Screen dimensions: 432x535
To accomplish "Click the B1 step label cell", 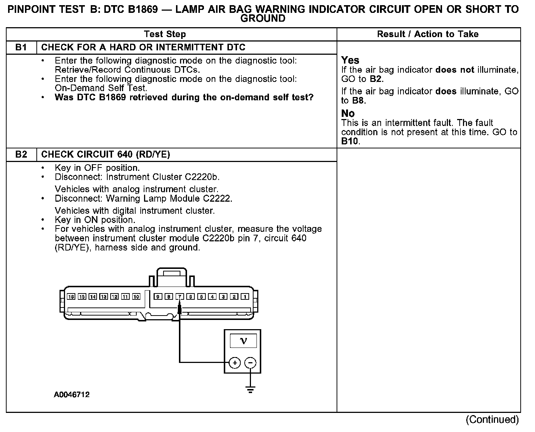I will pyautogui.click(x=21, y=47).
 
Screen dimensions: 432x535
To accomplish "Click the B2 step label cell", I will pyautogui.click(x=21, y=155).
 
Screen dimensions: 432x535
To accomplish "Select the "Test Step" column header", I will pyautogui.click(x=165, y=34).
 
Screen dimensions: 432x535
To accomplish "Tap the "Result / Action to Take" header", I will pyautogui.click(x=428, y=34).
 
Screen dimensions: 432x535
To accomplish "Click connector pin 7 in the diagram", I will pyautogui.click(x=180, y=296).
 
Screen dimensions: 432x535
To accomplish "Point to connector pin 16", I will pyautogui.click(x=71, y=296).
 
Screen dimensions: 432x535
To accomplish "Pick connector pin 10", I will pyautogui.click(x=136, y=296).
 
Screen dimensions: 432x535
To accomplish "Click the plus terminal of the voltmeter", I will pyautogui.click(x=234, y=363).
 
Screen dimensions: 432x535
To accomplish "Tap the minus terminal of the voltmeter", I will pyautogui.click(x=250, y=363).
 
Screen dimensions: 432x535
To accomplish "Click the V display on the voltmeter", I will pyautogui.click(x=243, y=341).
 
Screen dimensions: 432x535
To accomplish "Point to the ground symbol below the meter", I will pyautogui.click(x=250, y=390).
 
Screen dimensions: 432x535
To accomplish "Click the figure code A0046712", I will pyautogui.click(x=72, y=395).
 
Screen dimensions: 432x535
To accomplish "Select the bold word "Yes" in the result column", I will pyautogui.click(x=350, y=60).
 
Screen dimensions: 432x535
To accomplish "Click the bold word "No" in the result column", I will pyautogui.click(x=348, y=113).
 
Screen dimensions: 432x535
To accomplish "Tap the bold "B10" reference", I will pyautogui.click(x=349, y=141).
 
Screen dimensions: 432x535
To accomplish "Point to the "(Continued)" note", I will pyautogui.click(x=492, y=420).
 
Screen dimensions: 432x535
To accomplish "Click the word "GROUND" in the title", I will pyautogui.click(x=263, y=18).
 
